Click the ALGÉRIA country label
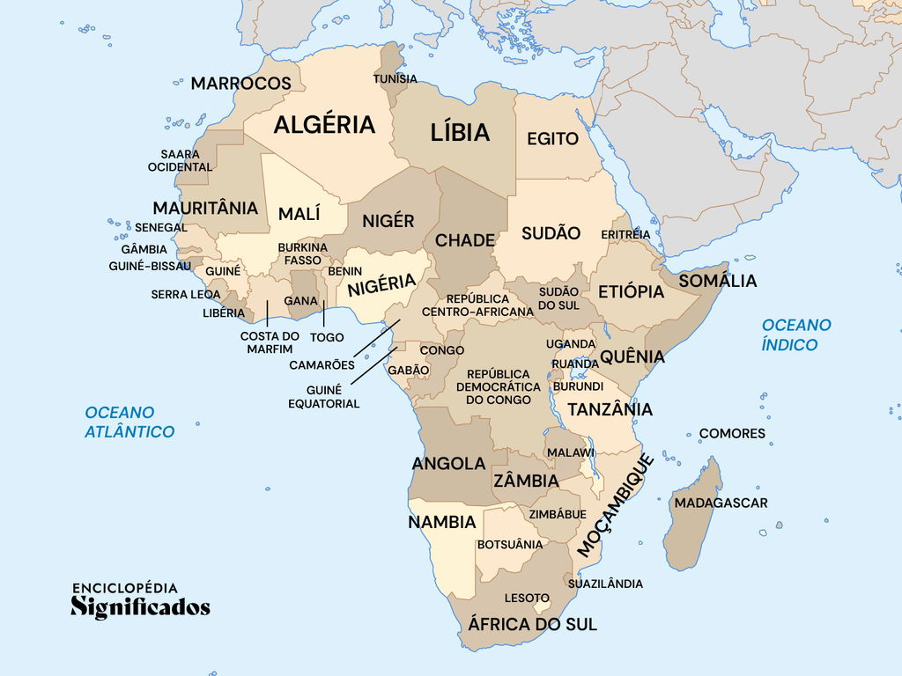tap(324, 125)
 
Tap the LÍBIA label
tap(460, 133)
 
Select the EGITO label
tap(552, 139)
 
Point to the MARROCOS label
tap(240, 84)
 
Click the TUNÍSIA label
tap(396, 79)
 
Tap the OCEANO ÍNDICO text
tap(796, 334)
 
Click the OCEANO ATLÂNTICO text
tap(129, 422)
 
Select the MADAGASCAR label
tap(721, 503)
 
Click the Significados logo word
tap(140, 607)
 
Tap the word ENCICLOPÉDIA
tap(124, 588)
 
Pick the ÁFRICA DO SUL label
tap(532, 624)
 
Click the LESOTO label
tap(527, 599)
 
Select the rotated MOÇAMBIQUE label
tap(616, 505)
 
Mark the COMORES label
tap(732, 434)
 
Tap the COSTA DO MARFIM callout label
tap(270, 342)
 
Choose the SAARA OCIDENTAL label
tap(180, 160)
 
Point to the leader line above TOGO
tap(324, 314)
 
